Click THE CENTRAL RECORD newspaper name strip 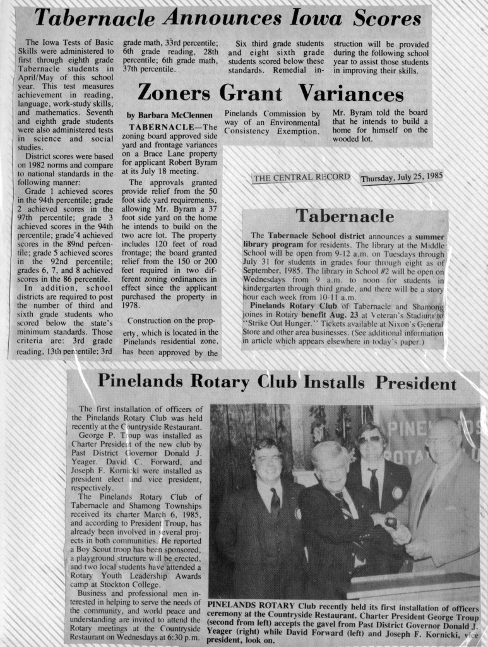301,178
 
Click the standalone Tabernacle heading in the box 345,216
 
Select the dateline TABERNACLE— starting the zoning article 168,127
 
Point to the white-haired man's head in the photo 330,464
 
